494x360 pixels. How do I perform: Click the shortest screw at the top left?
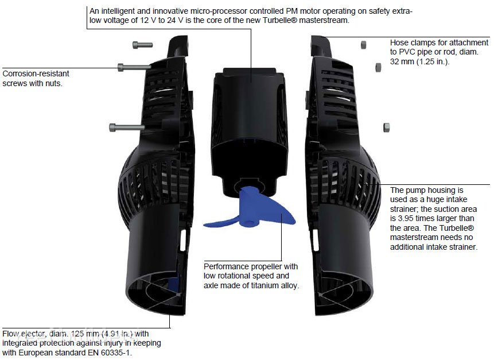click(142, 45)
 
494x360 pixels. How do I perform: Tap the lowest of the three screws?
click(127, 127)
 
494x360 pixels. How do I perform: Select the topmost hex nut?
click(363, 45)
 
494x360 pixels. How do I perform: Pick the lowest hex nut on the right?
click(386, 127)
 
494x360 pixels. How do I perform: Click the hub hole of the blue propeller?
click(250, 223)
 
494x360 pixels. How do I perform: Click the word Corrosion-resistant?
click(36, 73)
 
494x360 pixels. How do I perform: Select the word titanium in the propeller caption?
click(265, 285)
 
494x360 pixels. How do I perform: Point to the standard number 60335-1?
click(115, 353)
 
